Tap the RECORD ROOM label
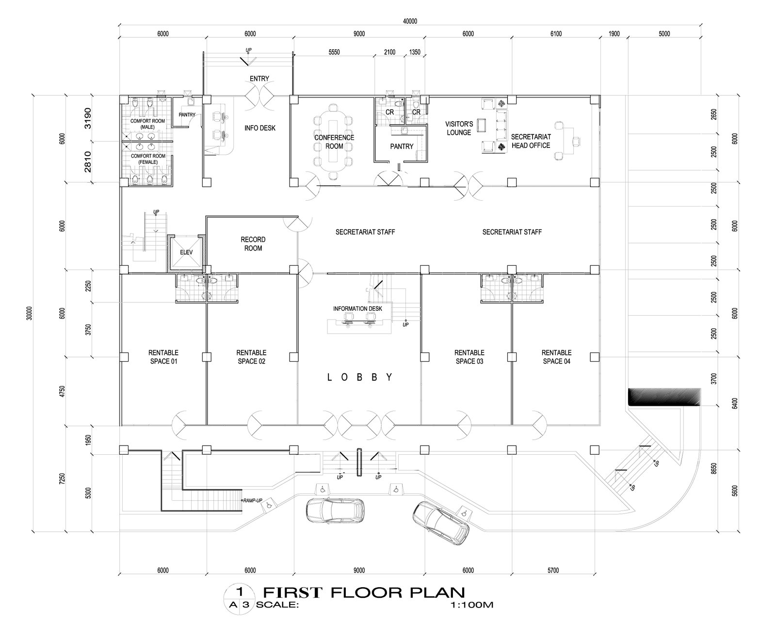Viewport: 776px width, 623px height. (253, 244)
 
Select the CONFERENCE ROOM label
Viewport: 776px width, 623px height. (334, 142)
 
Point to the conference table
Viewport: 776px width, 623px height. (332, 141)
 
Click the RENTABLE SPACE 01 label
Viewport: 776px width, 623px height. (164, 357)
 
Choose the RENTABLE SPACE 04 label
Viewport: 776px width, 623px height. (556, 357)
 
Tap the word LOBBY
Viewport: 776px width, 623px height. (359, 377)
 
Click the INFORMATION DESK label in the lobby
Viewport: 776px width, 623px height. (357, 309)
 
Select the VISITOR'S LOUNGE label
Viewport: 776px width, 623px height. (459, 128)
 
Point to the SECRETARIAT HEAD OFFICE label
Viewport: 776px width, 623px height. (531, 141)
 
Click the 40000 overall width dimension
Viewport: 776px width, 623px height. (410, 21)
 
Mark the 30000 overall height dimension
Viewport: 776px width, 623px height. (29, 313)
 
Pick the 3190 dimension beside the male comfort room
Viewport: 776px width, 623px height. (88, 118)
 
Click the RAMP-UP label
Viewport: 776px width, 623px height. (252, 500)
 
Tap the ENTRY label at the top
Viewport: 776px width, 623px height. (259, 79)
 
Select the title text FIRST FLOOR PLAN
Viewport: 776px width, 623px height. (364, 592)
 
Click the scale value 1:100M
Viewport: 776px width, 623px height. (471, 605)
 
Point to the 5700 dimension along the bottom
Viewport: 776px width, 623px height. (553, 570)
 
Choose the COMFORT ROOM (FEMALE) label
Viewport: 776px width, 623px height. (148, 159)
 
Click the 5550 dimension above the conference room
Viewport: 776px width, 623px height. (334, 52)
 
